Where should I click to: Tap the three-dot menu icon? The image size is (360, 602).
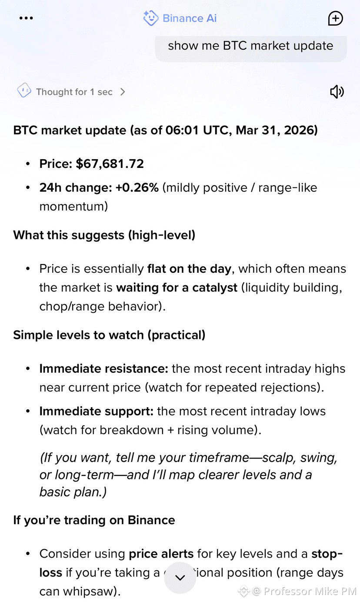pos(26,18)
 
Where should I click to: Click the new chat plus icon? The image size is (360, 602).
pos(336,18)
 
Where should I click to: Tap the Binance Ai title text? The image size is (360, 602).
pos(190,18)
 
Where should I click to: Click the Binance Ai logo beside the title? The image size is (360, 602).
pos(150,18)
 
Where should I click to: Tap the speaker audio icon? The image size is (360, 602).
pos(337,92)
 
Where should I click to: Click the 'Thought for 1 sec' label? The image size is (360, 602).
pos(74,92)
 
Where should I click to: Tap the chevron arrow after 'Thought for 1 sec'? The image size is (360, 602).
pos(123,92)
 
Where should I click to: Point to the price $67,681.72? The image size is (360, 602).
pos(110,164)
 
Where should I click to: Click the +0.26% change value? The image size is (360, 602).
pos(137,187)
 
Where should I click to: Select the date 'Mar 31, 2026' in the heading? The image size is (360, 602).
pos(277,130)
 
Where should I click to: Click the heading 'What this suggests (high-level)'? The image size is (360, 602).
pos(104,235)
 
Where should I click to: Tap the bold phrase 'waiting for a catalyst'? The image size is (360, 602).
pos(177,288)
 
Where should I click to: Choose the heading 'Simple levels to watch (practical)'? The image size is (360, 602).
pos(109,335)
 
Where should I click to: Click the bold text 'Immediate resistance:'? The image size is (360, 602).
pos(104,369)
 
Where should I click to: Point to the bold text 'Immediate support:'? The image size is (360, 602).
pos(97,411)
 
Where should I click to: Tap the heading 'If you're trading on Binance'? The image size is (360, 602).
pos(94,520)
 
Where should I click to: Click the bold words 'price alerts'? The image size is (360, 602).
pos(161,554)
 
